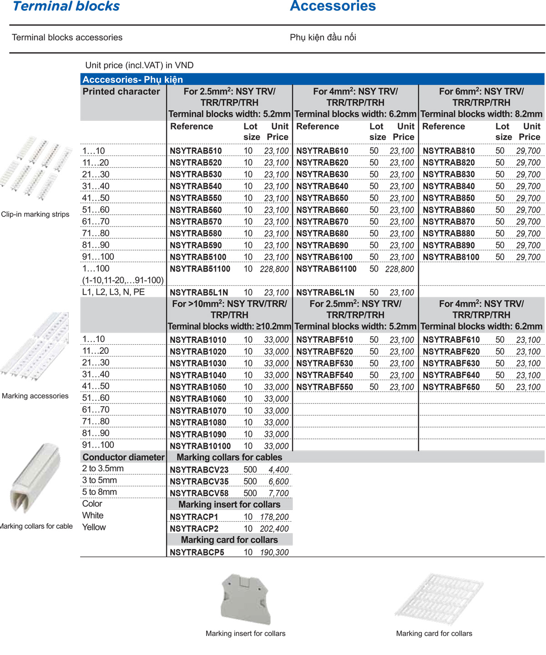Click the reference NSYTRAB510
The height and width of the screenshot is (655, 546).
coord(196,151)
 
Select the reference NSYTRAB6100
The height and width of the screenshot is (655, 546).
coord(324,257)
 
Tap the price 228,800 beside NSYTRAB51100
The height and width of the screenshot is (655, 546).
coord(274,269)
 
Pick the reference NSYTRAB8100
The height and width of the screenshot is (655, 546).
coord(450,257)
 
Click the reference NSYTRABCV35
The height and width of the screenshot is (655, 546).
coord(199,481)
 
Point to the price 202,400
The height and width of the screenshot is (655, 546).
coord(274,529)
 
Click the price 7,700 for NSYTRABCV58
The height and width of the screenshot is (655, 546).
coord(278,493)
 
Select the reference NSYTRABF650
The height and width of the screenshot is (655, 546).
coord(451,387)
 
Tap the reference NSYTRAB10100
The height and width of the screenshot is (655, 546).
coord(200,446)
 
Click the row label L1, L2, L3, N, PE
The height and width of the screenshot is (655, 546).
coord(113,292)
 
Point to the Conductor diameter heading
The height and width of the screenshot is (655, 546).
coord(123,457)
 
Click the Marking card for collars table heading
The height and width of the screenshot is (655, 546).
coord(229,540)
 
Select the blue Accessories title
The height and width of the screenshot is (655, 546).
coord(333,6)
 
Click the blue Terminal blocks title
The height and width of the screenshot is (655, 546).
coord(66,6)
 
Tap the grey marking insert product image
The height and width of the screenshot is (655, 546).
coord(246,599)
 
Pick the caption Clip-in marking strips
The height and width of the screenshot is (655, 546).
coord(35,214)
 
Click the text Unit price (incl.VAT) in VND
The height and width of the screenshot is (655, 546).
coord(139,65)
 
